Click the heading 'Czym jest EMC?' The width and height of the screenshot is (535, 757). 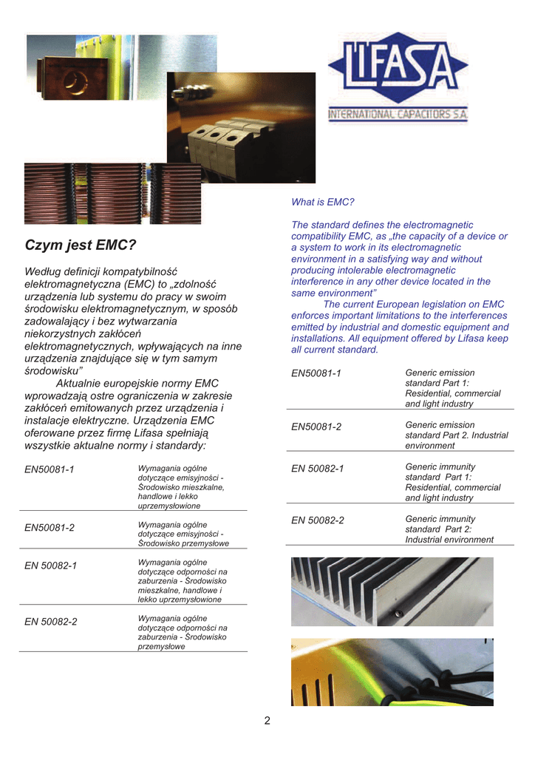tap(81, 245)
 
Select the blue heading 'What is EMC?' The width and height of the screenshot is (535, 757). tap(323, 202)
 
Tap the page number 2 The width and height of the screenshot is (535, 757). tap(267, 721)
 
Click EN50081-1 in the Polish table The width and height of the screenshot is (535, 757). tap(50, 469)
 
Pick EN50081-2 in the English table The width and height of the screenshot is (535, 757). tap(316, 427)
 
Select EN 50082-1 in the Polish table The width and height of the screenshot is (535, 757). tap(51, 566)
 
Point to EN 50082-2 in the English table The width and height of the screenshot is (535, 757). tap(318, 520)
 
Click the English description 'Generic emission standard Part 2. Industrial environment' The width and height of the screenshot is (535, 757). tap(456, 435)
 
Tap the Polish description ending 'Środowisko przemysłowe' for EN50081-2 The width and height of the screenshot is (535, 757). tap(183, 534)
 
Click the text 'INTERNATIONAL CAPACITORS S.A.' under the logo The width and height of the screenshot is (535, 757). tap(398, 115)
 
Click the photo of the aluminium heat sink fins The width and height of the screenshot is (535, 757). tap(392, 591)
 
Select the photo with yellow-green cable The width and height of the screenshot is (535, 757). tap(392, 672)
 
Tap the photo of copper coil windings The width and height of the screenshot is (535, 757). tap(112, 193)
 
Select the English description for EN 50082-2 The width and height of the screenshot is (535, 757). tap(449, 529)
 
